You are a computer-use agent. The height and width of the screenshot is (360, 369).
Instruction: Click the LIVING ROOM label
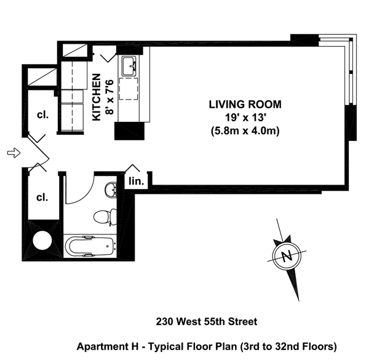click(245, 105)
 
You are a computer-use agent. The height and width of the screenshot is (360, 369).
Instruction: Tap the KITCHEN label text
click(97, 97)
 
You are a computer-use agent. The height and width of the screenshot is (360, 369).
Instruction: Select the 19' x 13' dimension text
click(245, 118)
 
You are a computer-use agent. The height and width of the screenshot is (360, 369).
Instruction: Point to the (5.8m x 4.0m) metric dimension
click(245, 130)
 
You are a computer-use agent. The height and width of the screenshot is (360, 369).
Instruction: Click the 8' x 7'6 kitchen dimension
click(109, 97)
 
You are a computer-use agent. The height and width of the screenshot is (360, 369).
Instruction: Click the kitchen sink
click(129, 66)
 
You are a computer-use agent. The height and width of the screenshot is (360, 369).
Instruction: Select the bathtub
click(90, 246)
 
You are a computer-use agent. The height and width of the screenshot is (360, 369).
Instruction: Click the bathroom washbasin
click(111, 189)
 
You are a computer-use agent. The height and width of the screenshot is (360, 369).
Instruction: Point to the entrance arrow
click(14, 153)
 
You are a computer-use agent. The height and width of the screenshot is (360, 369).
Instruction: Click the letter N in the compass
click(287, 256)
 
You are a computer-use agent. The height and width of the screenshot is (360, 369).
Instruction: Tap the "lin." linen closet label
click(137, 182)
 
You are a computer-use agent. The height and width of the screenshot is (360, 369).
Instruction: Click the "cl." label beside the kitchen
click(42, 115)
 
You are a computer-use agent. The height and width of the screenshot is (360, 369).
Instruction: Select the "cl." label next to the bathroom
click(42, 198)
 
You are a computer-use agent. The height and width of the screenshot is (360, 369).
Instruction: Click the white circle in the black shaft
click(42, 241)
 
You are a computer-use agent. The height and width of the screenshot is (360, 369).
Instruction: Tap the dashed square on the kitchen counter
click(129, 89)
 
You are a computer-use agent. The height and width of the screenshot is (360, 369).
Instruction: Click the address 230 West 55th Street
click(207, 321)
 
